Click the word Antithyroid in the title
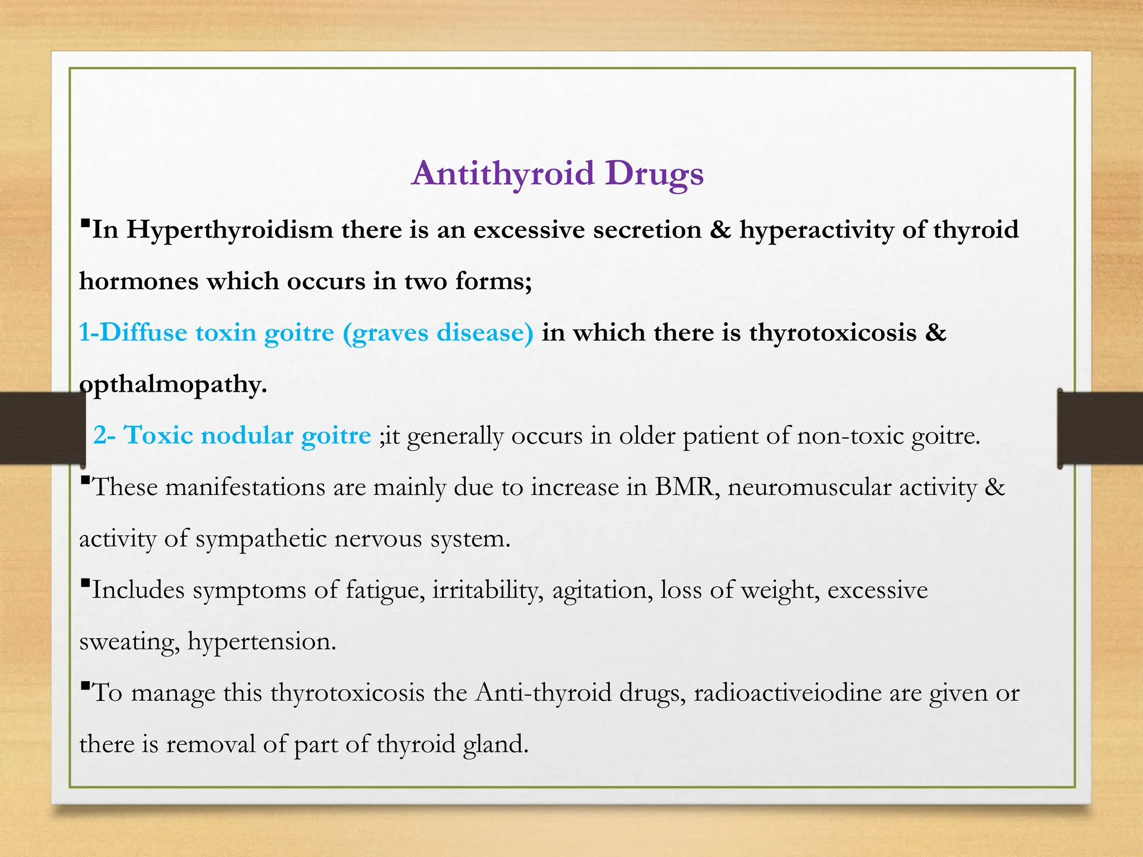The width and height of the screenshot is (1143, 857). coord(503,174)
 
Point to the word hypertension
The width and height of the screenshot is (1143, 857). coord(262,642)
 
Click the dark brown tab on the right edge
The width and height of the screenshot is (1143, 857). coord(1100,428)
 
